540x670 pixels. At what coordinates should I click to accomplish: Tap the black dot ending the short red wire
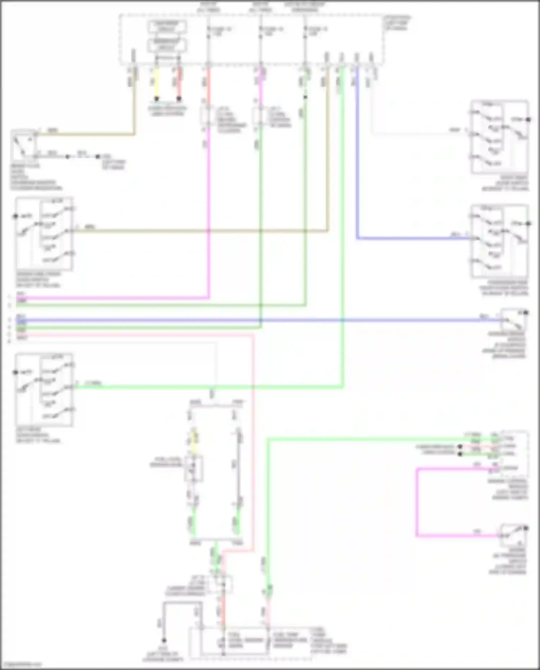pyautogui.click(x=179, y=98)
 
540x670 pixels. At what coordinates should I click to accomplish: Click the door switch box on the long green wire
pyautogui.click(x=44, y=390)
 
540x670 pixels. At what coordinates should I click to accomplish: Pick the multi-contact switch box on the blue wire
pyautogui.click(x=500, y=241)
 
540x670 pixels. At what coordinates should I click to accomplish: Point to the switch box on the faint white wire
pyautogui.click(x=500, y=137)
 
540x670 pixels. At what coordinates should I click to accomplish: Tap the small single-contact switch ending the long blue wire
pyautogui.click(x=514, y=320)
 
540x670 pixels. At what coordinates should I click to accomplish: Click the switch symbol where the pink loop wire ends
pyautogui.click(x=514, y=536)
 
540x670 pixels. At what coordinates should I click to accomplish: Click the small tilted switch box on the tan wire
pyautogui.click(x=24, y=145)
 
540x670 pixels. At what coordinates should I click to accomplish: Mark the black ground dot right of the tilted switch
pyautogui.click(x=98, y=157)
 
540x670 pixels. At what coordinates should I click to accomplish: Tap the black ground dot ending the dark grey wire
pyautogui.click(x=164, y=640)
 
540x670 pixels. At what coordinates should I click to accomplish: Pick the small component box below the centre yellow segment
pyautogui.click(x=194, y=468)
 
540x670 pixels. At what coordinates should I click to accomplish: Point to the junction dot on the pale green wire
pyautogui.click(x=305, y=97)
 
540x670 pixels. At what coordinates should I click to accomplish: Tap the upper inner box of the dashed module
pyautogui.click(x=167, y=27)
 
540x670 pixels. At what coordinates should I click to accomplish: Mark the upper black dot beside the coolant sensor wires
pyautogui.click(x=460, y=446)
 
